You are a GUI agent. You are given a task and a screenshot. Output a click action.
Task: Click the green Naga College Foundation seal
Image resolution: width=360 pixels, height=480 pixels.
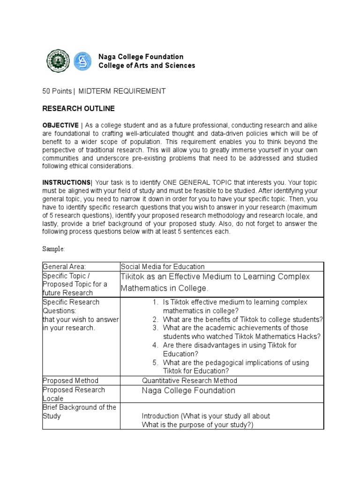point(59,61)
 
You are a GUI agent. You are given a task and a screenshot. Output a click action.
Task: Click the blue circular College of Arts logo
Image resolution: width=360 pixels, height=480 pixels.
point(83,61)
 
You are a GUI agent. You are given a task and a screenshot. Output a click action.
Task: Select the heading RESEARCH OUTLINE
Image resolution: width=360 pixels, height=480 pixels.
point(78,108)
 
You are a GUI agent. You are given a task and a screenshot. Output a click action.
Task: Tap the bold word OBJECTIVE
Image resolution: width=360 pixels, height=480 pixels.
point(60,125)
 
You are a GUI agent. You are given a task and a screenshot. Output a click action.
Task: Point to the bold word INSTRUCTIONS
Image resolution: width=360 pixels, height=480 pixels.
point(66,182)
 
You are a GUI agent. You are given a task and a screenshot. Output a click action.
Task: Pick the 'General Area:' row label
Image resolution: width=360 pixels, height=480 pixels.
point(64,267)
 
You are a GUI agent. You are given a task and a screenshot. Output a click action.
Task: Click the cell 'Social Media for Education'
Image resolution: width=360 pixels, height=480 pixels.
point(163,267)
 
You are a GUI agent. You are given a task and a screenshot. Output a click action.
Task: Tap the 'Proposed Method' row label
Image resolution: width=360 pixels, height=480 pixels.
point(70,381)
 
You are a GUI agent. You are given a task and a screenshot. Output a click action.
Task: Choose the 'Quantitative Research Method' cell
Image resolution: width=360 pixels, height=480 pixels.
point(189,381)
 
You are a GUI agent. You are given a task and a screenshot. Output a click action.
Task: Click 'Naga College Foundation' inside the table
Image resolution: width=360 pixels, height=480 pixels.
point(188,390)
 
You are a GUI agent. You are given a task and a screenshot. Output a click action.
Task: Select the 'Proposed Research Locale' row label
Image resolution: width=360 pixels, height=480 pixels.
point(74,394)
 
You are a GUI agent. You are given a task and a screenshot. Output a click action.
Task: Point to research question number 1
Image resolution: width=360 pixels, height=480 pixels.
point(237,306)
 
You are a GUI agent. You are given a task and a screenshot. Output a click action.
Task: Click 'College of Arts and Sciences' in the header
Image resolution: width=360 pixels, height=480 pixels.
point(147,66)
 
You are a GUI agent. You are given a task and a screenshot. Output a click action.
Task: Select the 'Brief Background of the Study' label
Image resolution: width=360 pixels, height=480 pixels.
point(79,412)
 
